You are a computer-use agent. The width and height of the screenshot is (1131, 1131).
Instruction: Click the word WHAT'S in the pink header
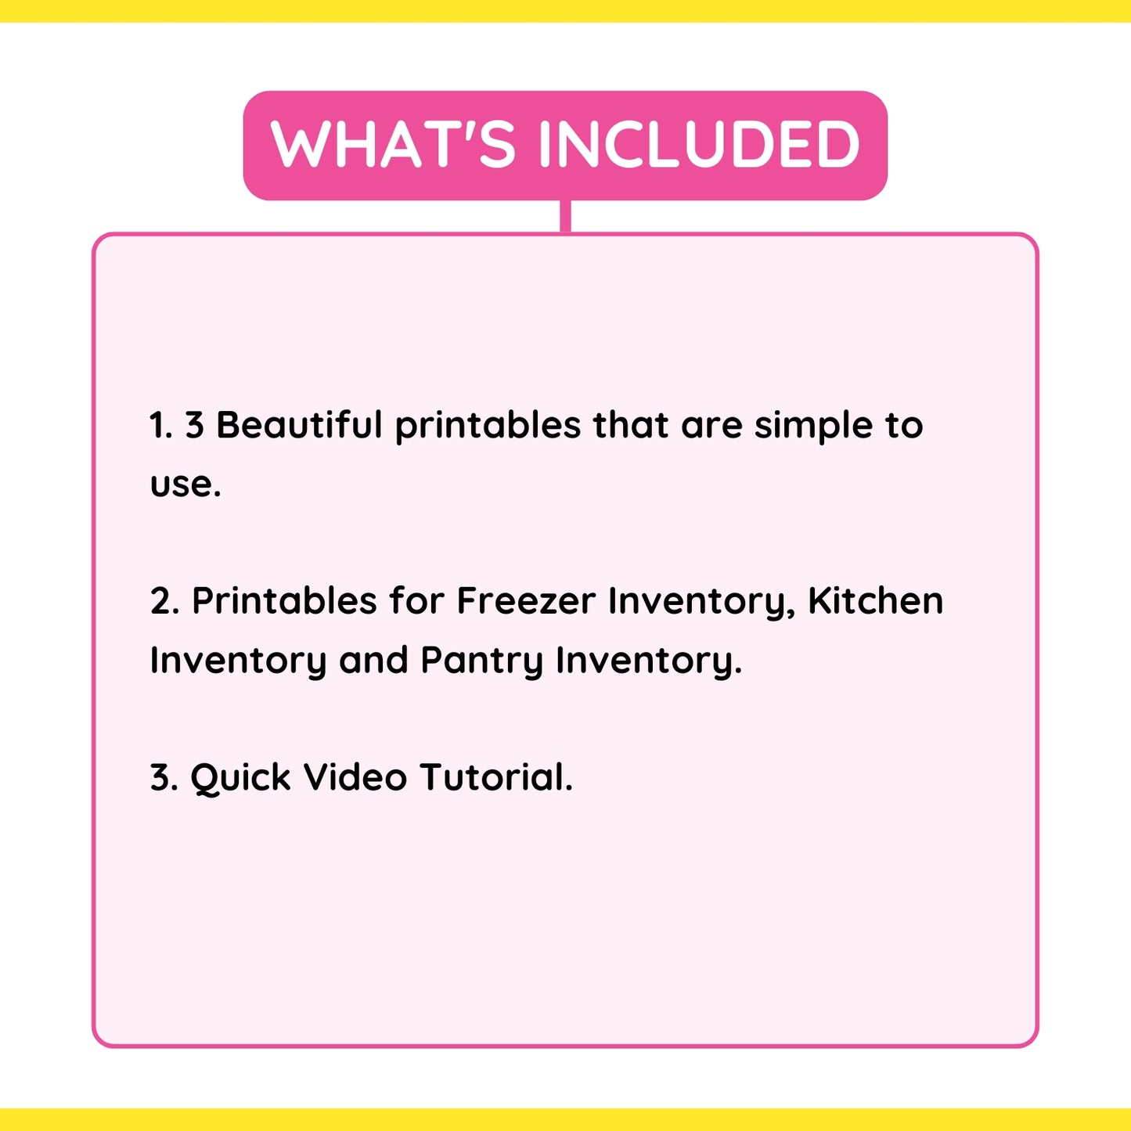393,144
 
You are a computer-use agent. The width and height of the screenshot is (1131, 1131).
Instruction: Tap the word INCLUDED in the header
699,144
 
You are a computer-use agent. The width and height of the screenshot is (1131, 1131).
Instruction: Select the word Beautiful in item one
299,425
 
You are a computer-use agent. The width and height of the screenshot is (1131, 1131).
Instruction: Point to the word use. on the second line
185,484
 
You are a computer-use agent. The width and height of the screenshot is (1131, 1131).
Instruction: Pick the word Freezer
526,601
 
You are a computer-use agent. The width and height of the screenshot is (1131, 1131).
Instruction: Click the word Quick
240,778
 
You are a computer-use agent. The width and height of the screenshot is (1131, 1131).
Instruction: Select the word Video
355,777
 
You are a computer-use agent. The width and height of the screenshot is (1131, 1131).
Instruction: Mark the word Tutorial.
496,777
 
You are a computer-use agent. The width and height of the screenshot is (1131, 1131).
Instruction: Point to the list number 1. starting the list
160,425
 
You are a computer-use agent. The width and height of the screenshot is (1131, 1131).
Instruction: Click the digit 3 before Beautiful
194,425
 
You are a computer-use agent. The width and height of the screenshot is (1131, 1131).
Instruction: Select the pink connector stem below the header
565,217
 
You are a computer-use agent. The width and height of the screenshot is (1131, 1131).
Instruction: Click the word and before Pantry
373,660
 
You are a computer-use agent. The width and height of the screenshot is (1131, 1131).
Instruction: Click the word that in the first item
631,425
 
